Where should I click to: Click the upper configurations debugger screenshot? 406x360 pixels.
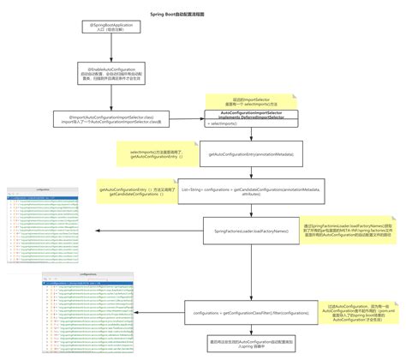coord(42,219)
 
